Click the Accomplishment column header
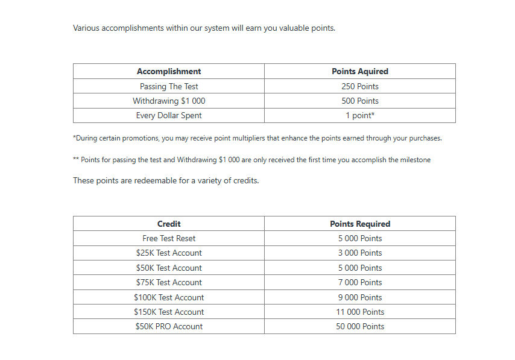169,71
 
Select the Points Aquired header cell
360,71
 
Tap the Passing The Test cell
169,86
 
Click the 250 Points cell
360,86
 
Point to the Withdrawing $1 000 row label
169,101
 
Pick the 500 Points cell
360,101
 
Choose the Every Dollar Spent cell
169,115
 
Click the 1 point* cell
360,115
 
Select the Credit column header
169,224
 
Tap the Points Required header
360,224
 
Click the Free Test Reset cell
169,238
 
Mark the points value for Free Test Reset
360,238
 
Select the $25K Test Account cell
169,253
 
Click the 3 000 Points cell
360,253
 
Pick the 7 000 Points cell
360,282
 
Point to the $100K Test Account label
169,297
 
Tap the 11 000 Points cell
360,312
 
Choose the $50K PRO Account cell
169,326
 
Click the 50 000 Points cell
360,326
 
